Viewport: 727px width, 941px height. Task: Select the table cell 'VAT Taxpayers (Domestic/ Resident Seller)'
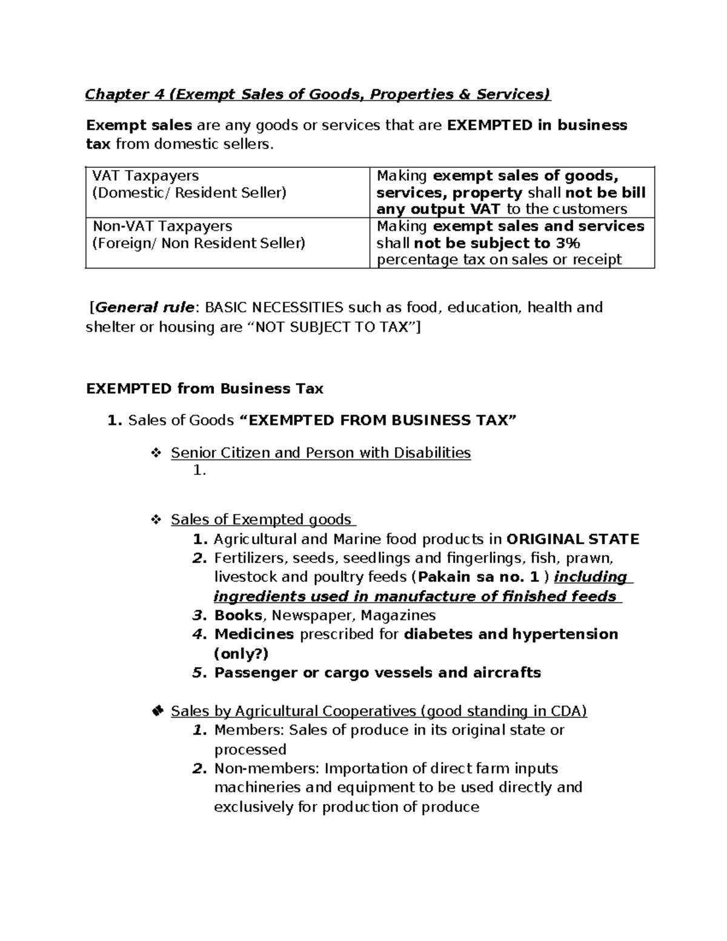188,184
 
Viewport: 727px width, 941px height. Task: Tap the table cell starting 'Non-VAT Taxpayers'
198,234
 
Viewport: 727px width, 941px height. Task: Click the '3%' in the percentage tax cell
566,243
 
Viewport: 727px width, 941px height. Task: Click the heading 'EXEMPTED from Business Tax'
205,388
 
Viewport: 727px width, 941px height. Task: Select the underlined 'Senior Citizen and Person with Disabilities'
320,453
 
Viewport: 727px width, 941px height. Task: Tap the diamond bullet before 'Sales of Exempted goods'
155,520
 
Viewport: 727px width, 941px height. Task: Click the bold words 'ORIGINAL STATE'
573,539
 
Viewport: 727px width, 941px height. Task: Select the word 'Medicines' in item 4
254,634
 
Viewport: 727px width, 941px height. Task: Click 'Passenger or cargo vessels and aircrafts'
377,673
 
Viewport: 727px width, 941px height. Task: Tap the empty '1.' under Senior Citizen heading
199,470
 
